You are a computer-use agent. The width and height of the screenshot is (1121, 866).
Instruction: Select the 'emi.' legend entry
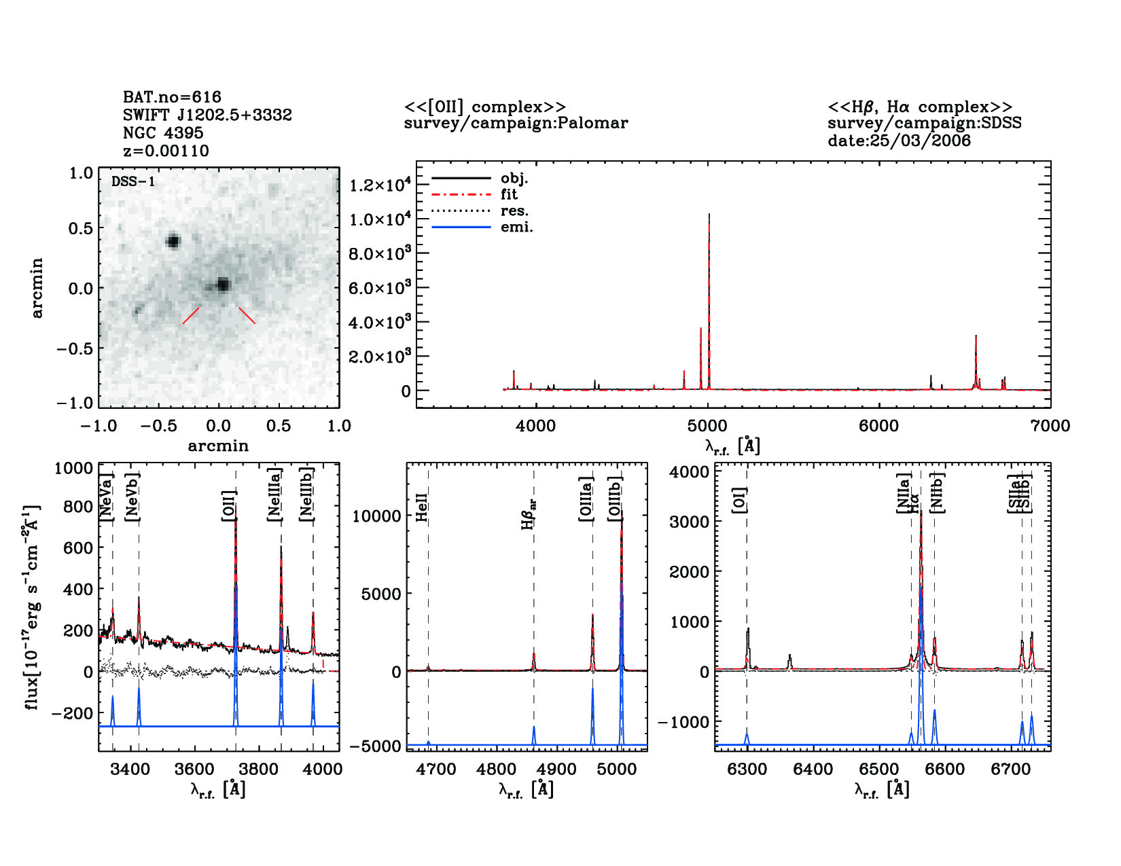pos(516,228)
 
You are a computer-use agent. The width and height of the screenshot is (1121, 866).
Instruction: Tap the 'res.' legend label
pos(514,211)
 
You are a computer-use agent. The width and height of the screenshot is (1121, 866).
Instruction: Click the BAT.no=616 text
pos(172,97)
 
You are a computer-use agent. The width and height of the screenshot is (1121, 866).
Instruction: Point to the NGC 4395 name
pos(163,133)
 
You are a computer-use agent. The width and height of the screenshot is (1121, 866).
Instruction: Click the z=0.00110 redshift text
pos(166,151)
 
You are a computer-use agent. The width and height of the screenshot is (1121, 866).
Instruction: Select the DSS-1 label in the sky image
pos(132,181)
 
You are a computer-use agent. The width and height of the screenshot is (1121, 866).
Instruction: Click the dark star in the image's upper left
pos(173,240)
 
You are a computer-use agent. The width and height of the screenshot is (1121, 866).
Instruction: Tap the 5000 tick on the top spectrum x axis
pos(707,426)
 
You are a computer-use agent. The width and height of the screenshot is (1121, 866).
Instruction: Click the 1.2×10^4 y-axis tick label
pos(380,185)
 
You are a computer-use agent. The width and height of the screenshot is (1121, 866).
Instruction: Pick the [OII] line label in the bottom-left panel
pos(229,505)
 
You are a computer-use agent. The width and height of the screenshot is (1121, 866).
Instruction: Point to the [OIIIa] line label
pos(586,499)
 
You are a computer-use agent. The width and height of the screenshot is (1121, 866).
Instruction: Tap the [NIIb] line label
pos(938,493)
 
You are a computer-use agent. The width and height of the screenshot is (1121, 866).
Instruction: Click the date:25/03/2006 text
pos(898,141)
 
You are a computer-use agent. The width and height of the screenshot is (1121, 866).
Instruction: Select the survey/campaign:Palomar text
pos(516,123)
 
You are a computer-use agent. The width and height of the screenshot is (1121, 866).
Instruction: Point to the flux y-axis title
pos(33,607)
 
